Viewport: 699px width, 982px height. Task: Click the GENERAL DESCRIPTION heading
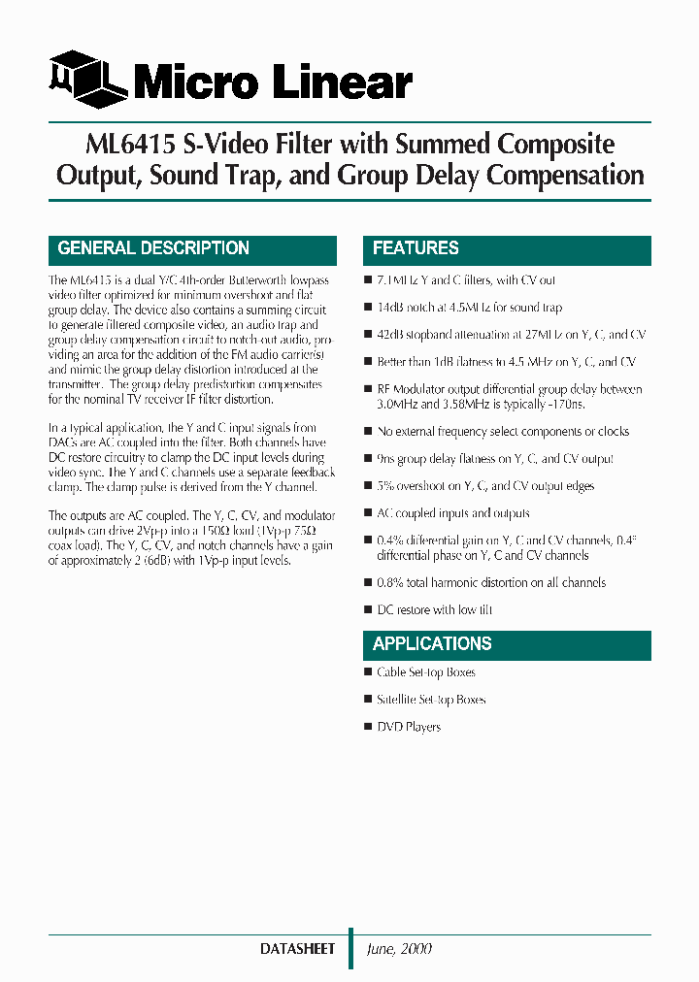(153, 248)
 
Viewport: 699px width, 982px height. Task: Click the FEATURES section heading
(416, 248)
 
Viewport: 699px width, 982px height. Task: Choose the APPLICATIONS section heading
(432, 643)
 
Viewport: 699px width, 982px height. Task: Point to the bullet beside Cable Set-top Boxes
(368, 671)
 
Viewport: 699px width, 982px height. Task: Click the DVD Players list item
(409, 727)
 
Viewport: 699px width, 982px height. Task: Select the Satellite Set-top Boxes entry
(431, 700)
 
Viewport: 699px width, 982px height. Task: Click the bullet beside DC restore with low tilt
(368, 609)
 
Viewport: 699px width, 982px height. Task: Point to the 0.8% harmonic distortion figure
(390, 583)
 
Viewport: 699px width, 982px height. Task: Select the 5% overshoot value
(384, 486)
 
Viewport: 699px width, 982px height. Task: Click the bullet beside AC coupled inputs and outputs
(368, 512)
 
